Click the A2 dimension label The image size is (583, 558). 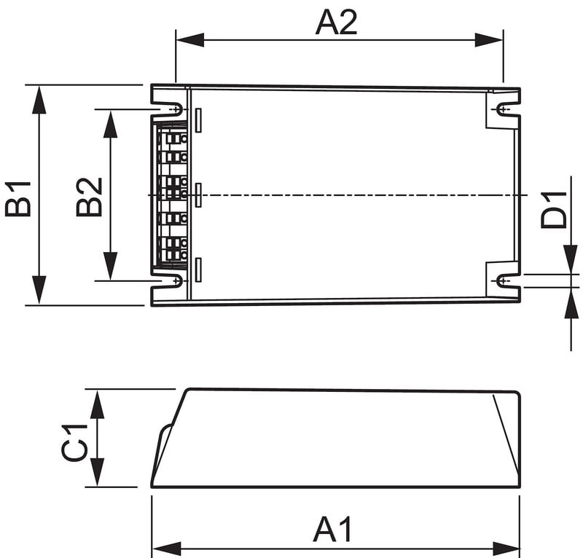click(336, 23)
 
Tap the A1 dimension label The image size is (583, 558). click(332, 529)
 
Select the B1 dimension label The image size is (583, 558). click(17, 199)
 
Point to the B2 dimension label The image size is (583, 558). click(89, 197)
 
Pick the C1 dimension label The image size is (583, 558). click(74, 442)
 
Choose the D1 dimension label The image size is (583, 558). click(554, 210)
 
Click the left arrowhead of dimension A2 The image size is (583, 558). click(189, 40)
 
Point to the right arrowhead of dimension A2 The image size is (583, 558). click(489, 40)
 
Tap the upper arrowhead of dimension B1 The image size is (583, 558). click(39, 99)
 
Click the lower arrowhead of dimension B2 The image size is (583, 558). click(110, 266)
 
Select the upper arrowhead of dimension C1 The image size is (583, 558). click(98, 404)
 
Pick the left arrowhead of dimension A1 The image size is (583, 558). click(167, 549)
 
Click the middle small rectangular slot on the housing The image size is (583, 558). click(198, 194)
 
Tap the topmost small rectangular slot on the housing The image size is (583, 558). click(198, 120)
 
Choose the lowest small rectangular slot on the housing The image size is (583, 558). click(198, 270)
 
